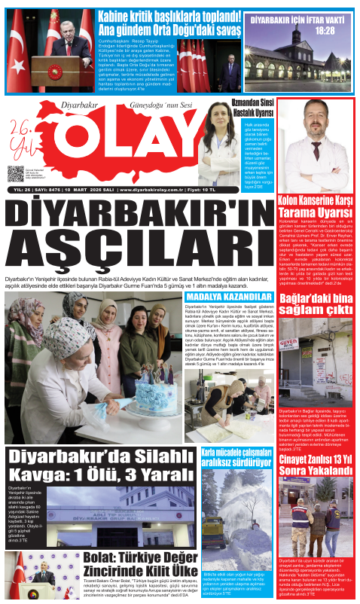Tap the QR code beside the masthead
(16, 174)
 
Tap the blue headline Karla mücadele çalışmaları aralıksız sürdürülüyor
(226, 456)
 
